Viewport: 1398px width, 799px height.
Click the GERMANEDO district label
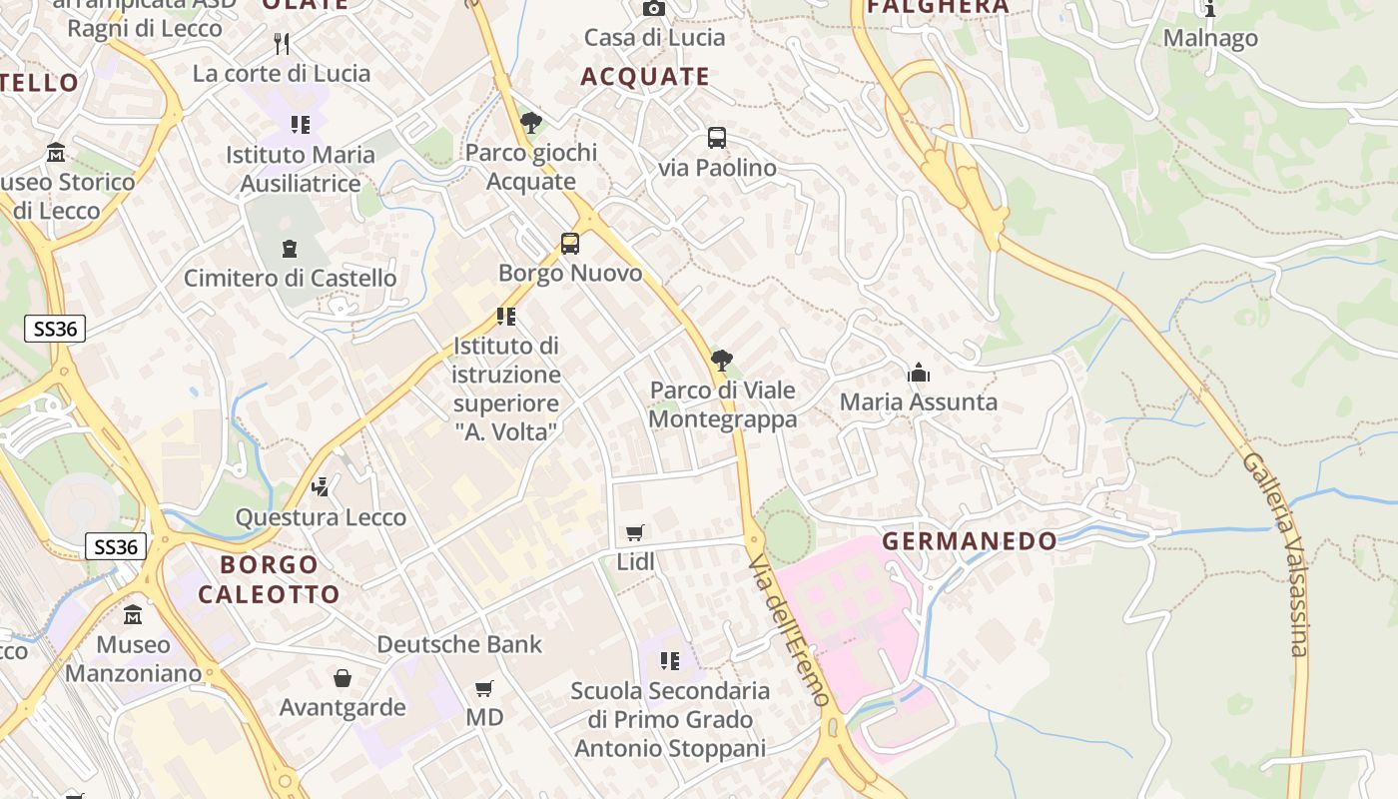969,541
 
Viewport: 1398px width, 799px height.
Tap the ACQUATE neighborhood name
645,77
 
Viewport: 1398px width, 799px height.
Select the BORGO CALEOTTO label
270,579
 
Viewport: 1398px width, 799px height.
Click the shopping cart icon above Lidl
635,533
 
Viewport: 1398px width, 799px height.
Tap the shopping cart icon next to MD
484,688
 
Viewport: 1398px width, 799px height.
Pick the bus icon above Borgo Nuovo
570,244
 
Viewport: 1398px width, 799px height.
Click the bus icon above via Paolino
717,138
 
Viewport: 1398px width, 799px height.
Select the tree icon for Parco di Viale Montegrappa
721,361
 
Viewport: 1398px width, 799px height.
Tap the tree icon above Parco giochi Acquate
531,123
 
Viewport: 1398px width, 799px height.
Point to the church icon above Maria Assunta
918,374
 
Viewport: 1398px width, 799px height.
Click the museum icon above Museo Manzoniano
133,615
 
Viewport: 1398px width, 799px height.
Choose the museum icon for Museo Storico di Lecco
56,153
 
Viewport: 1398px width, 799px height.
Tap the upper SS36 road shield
55,329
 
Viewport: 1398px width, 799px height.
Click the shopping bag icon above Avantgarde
343,679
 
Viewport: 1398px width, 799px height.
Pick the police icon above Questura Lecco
321,487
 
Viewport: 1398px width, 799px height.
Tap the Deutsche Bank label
459,644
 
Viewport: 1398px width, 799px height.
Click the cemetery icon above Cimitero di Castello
290,248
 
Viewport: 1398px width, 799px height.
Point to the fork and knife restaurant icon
282,43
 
